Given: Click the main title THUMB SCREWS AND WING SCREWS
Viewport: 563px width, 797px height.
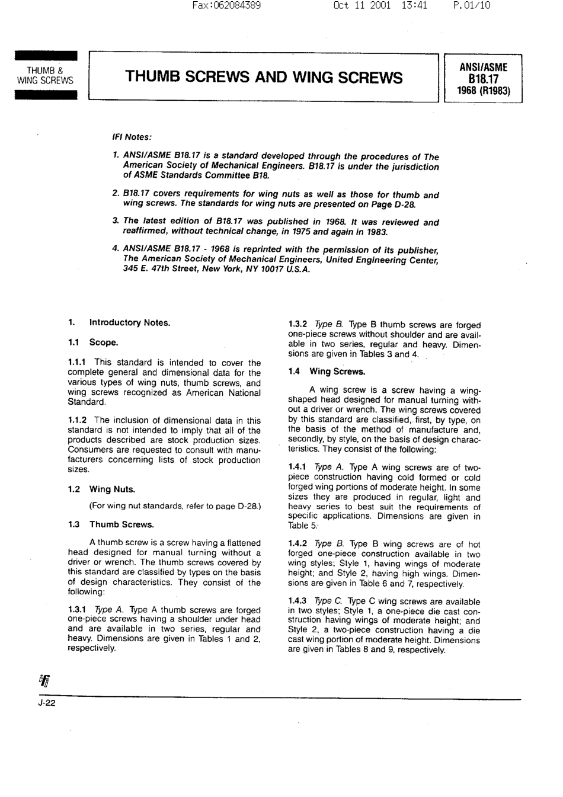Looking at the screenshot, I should (264, 78).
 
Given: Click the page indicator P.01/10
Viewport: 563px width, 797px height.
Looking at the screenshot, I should (471, 6).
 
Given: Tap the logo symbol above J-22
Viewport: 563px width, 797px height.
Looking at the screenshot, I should (45, 681).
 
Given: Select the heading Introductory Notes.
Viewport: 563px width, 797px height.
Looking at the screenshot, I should (129, 323).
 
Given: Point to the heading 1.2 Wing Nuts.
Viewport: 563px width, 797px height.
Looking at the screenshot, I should (101, 489).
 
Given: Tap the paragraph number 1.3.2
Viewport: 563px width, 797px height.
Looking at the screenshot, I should (298, 325).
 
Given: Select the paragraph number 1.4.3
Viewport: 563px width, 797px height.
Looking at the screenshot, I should (298, 601).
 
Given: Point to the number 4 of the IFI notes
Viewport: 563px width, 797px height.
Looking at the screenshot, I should (115, 249).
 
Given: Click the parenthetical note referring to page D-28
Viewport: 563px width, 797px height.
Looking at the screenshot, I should (175, 506).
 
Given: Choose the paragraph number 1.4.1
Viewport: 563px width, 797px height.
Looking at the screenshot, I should (298, 468).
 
